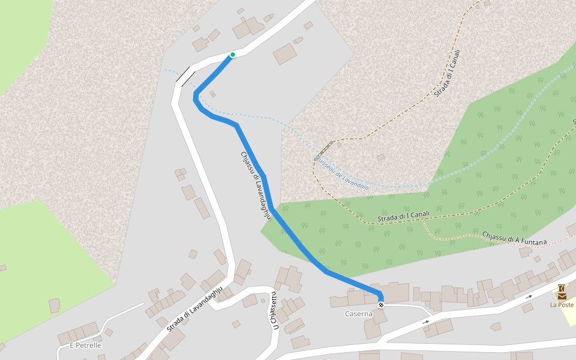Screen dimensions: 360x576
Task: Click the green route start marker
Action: [232, 55]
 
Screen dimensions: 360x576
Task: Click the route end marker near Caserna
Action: [381, 305]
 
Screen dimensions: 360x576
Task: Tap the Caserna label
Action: [359, 314]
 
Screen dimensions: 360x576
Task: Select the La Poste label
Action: [562, 305]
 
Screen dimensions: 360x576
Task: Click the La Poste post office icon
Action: [562, 292]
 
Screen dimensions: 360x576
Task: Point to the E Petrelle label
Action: [85, 346]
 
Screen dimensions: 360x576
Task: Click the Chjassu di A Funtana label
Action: [515, 238]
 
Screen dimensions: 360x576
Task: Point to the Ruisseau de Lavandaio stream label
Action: [342, 174]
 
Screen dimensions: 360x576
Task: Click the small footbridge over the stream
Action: [323, 149]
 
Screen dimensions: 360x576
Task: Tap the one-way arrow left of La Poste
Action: [529, 296]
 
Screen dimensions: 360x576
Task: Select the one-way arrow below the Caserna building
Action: [425, 322]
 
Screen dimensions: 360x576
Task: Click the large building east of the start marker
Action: [285, 53]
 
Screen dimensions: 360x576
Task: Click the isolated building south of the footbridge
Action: [380, 158]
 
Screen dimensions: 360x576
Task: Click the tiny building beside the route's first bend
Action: [212, 94]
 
